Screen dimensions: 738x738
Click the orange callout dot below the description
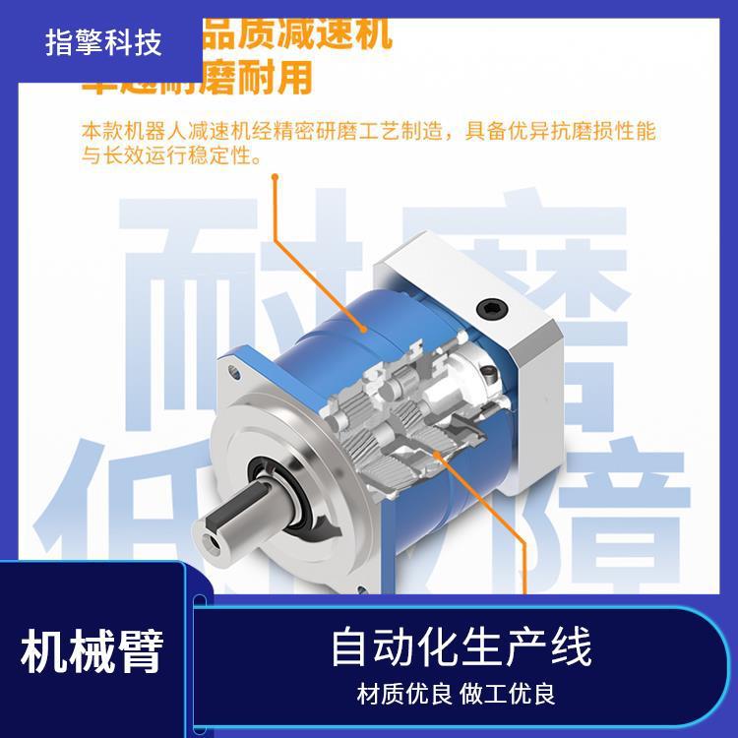click(276, 178)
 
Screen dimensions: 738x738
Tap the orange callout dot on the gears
click(435, 455)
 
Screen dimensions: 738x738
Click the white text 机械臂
click(92, 651)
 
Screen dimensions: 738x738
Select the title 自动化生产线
click(460, 649)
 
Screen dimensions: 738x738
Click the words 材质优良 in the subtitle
click(403, 694)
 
